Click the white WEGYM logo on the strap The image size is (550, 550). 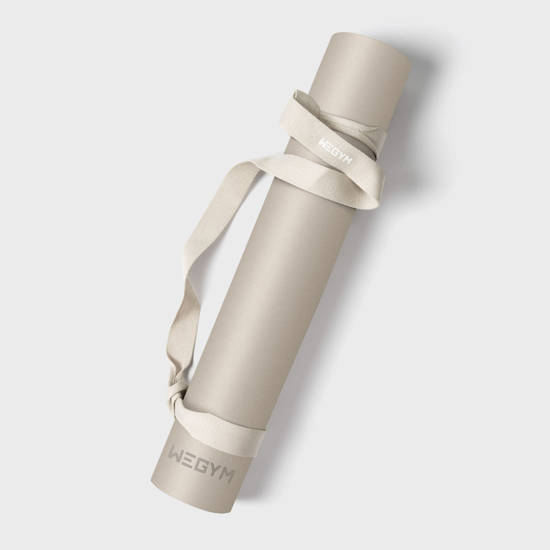(x=335, y=151)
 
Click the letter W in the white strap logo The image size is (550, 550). (x=323, y=143)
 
